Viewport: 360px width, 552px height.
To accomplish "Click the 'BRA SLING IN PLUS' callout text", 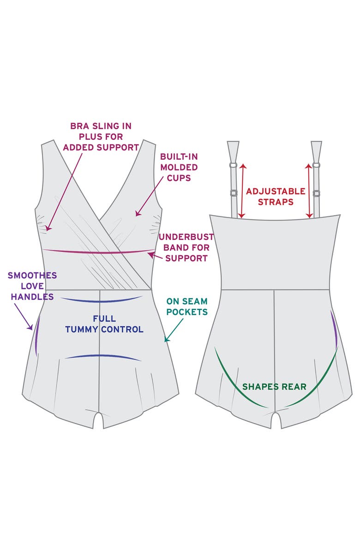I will (x=101, y=137).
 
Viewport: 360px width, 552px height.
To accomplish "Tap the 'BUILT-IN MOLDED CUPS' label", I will (x=179, y=167).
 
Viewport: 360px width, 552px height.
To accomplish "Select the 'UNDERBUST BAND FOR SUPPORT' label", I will (x=186, y=247).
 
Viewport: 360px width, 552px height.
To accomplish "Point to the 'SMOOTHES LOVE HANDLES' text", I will (x=32, y=286).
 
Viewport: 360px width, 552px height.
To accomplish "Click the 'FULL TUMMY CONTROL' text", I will (x=104, y=324).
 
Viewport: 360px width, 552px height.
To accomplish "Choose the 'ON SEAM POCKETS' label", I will (x=187, y=306).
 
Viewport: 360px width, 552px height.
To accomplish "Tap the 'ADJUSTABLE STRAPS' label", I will (x=276, y=197).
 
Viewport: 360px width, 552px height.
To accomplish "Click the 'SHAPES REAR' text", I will (x=274, y=387).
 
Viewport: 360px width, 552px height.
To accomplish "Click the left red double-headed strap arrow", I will (x=242, y=190).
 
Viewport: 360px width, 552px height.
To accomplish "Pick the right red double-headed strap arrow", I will (x=309, y=190).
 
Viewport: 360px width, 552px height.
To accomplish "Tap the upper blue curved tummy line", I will (x=101, y=300).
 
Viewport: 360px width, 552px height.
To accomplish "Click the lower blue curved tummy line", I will (x=102, y=357).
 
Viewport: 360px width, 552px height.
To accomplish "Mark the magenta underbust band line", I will (x=97, y=252).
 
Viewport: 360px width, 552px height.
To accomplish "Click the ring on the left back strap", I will (x=233, y=165).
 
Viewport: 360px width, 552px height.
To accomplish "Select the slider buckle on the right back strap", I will (x=316, y=193).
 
